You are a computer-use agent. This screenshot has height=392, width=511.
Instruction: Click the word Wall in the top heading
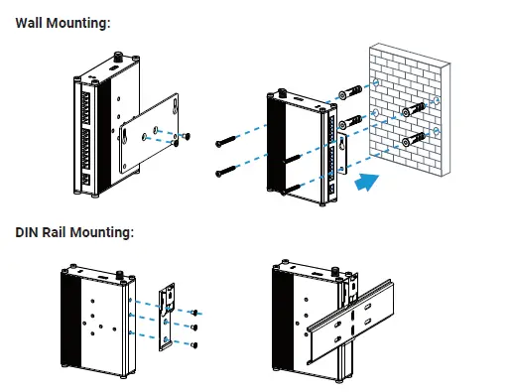coord(29,23)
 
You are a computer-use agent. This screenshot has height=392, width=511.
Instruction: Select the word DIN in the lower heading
coord(27,232)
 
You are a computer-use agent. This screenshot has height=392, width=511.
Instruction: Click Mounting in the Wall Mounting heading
coord(78,24)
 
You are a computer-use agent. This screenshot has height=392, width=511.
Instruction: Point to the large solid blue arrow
coord(367,183)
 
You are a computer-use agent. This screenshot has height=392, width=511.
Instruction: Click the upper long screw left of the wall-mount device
coord(227,141)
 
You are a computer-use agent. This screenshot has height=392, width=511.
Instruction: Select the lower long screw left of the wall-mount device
coord(226,171)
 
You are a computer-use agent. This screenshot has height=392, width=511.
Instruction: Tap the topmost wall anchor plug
coord(350,92)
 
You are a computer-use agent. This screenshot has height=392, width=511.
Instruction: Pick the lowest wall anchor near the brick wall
coord(414,140)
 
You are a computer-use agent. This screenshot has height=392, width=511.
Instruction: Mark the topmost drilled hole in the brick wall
coord(376,82)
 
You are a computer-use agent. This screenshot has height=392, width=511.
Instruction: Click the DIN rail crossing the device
coord(350,323)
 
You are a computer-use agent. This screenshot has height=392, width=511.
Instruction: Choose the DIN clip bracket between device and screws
coord(167,317)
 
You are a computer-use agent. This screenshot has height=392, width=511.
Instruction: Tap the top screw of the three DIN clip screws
coord(194,312)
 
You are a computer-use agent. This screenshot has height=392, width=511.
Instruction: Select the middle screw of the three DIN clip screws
coord(194,327)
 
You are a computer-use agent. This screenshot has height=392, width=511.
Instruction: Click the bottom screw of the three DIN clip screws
coord(194,345)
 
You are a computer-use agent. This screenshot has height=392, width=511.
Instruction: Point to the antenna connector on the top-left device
coord(118,57)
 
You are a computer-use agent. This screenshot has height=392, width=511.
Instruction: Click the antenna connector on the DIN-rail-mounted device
coord(334,272)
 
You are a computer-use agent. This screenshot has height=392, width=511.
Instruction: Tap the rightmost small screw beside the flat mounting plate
coord(187,136)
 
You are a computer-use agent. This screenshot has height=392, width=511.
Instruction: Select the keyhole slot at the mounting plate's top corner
coord(175,107)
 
